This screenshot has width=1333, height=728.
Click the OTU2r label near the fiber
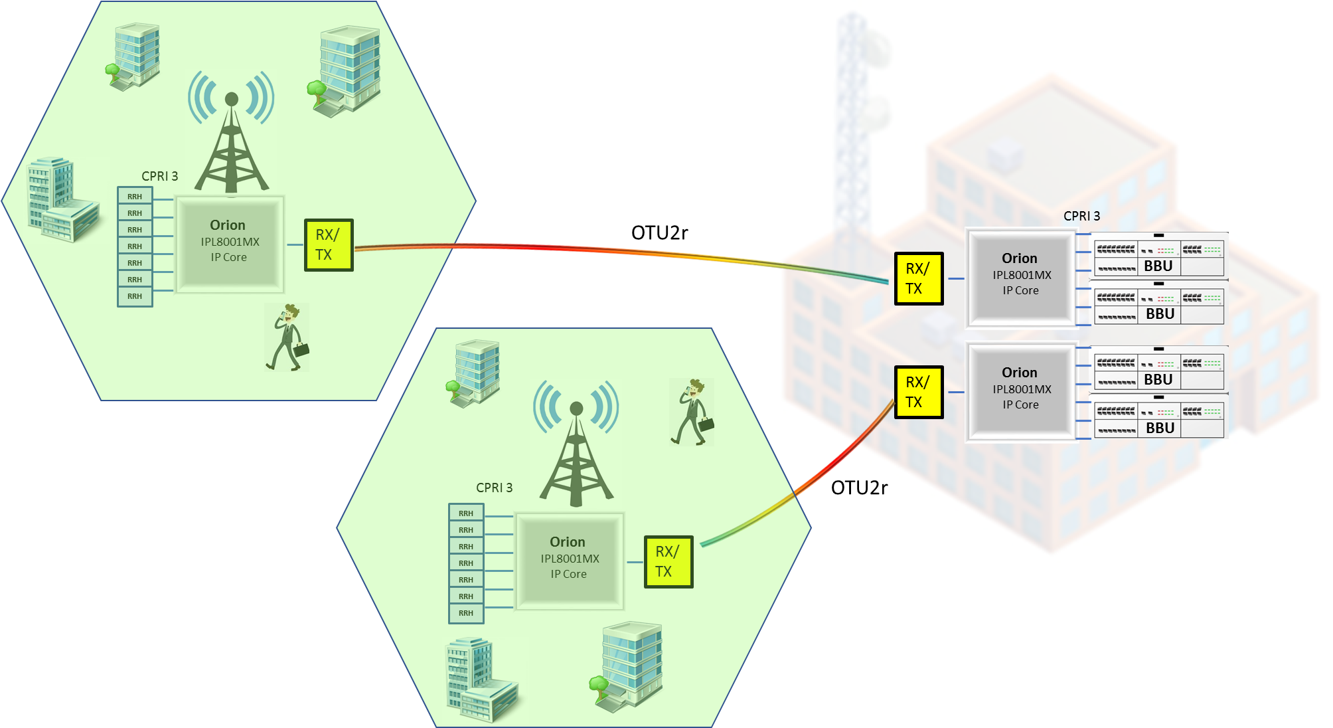pos(859,488)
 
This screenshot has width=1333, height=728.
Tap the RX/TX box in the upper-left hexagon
pos(329,245)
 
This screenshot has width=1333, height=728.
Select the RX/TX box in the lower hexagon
pos(668,562)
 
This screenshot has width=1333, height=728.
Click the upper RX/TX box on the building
pos(918,279)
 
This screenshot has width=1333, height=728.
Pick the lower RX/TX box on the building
pos(918,393)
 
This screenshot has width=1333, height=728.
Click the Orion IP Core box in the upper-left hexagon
pos(230,244)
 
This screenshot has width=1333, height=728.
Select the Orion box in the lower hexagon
pos(570,561)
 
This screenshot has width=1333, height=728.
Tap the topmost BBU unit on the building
pos(1158,257)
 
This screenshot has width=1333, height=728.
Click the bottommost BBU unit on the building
pos(1158,419)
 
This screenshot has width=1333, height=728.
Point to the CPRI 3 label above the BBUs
pos(1081,216)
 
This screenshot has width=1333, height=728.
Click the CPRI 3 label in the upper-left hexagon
pos(159,176)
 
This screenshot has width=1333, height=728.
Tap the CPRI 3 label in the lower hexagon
pos(494,488)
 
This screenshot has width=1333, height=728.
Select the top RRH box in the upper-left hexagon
pos(135,196)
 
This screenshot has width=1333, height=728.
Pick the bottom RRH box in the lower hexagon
pos(466,613)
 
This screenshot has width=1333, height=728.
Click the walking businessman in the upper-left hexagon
pos(287,337)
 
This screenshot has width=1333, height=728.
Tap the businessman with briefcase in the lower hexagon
pos(692,412)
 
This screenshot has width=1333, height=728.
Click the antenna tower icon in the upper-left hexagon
pos(231,133)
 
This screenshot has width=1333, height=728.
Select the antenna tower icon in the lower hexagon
pos(576,444)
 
